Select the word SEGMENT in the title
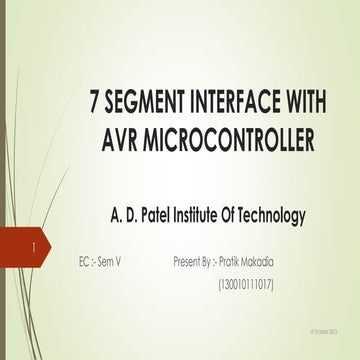(138, 102)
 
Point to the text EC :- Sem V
(102, 262)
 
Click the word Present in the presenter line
(190, 262)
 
